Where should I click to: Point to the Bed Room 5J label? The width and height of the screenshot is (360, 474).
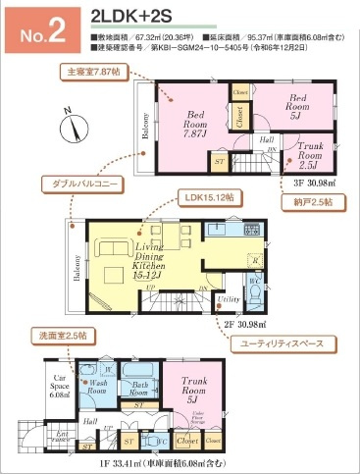click(x=299, y=105)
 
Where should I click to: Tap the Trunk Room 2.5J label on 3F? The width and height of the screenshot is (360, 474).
click(x=312, y=156)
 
